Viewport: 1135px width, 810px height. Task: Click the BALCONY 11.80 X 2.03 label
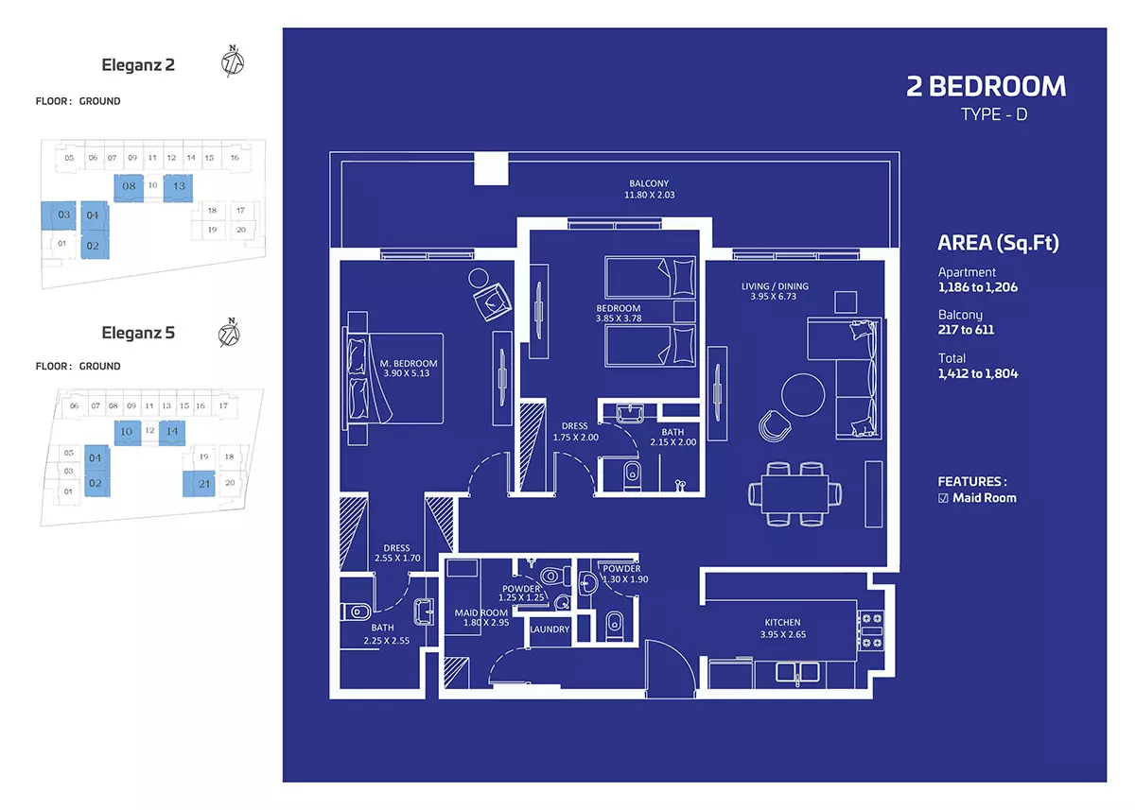[649, 189]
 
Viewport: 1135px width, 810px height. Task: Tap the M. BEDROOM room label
[409, 364]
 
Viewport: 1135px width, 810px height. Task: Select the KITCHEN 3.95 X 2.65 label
[783, 629]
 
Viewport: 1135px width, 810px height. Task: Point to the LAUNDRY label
[550, 629]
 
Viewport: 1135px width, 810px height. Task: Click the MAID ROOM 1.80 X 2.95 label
[481, 617]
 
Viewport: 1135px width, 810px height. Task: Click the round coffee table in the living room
[803, 395]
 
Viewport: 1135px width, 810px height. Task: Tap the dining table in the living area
[794, 494]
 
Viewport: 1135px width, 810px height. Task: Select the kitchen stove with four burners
[871, 630]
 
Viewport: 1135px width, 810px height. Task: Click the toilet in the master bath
[356, 612]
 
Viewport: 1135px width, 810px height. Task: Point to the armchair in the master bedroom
[492, 302]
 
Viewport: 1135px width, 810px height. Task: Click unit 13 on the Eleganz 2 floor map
[179, 187]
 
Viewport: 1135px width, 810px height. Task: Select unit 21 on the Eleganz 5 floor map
[200, 484]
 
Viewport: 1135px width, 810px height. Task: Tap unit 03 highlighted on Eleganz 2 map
[59, 215]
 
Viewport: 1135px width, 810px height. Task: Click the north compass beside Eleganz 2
[233, 61]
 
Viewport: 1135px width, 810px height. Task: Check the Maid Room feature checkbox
[943, 498]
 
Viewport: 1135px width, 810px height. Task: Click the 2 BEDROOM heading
[986, 86]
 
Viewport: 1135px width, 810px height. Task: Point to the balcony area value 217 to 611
[966, 330]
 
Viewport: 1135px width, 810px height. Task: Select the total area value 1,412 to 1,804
[978, 373]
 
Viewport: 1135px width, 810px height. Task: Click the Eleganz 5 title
[138, 333]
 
